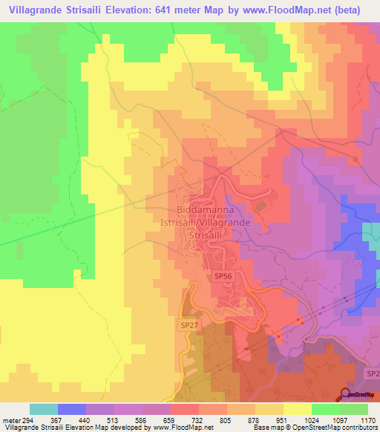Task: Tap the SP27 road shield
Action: [189, 325]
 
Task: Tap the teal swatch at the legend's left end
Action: [44, 409]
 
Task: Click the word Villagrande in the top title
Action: [33, 10]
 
